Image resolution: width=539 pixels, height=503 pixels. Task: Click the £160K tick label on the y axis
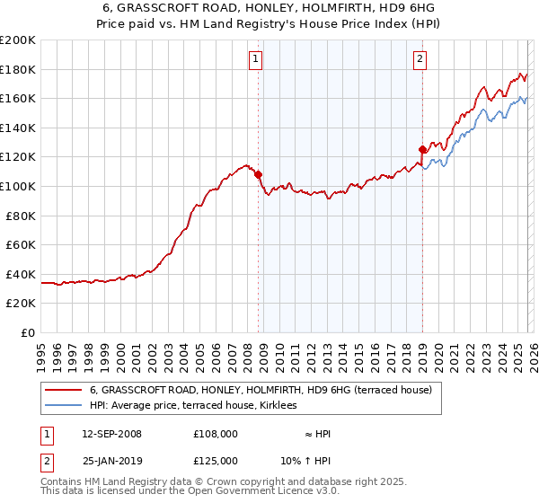(18, 98)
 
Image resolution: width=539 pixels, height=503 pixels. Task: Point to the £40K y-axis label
(21, 274)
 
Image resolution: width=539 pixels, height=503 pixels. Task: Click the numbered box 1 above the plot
(256, 60)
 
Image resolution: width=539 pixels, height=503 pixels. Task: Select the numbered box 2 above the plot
(420, 60)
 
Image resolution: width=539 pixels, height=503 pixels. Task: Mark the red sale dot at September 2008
(258, 174)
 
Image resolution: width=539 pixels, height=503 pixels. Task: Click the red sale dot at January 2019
(421, 149)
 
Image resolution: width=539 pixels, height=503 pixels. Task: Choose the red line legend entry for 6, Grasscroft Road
(261, 390)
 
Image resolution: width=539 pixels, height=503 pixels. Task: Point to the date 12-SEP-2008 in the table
(111, 434)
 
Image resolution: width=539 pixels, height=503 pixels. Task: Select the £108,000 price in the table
(216, 434)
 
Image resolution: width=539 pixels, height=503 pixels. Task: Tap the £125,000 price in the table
(216, 460)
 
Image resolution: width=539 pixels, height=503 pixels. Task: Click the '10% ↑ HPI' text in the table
(305, 460)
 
